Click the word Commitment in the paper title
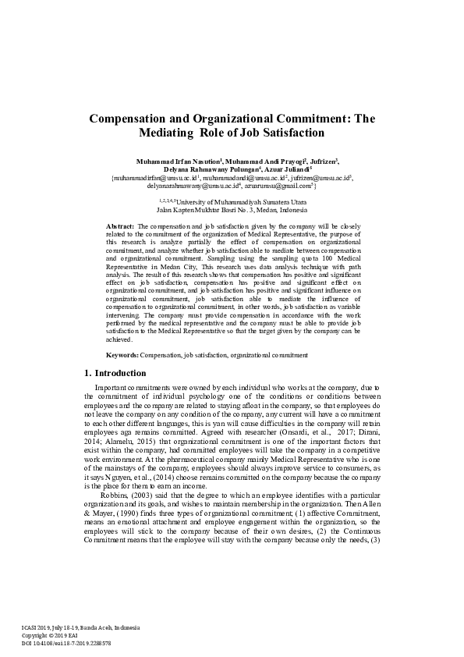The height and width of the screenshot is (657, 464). tap(296, 119)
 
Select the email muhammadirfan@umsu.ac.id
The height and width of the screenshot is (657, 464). tap(150, 179)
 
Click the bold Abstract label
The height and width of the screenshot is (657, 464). tap(119, 226)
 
